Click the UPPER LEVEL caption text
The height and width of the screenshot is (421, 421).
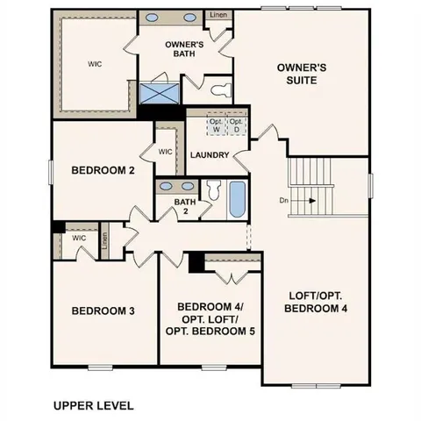93,405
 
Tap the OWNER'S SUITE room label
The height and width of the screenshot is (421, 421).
302,74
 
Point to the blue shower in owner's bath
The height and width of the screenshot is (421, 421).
159,93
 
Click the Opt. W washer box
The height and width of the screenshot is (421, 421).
214,125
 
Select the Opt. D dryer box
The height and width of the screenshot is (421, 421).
235,125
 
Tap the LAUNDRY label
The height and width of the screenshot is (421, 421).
209,155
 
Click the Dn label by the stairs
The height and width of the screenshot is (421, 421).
284,201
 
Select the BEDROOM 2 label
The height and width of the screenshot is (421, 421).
103,171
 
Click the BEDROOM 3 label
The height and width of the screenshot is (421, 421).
103,310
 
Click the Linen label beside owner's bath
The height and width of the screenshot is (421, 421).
218,15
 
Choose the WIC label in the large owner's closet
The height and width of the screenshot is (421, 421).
95,64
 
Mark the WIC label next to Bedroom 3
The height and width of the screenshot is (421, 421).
78,237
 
